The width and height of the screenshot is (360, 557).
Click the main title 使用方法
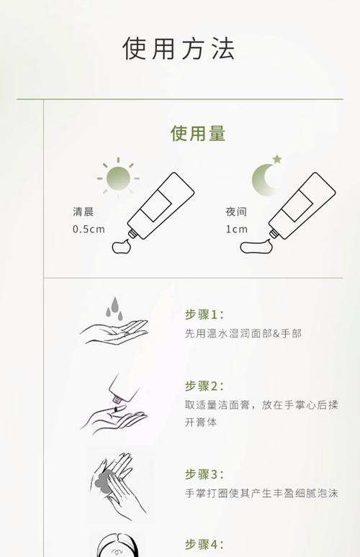tap(179, 49)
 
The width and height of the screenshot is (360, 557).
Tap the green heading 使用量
tap(198, 133)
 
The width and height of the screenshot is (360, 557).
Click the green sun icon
tap(117, 177)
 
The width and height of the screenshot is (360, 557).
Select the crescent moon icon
tap(264, 178)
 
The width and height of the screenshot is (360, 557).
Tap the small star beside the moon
tap(277, 159)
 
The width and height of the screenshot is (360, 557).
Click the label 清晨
tap(83, 212)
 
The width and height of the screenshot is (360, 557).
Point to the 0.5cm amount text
tap(89, 230)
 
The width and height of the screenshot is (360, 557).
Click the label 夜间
tap(236, 212)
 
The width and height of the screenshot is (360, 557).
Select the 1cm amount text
tap(236, 230)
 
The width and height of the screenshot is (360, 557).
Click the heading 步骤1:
tap(204, 314)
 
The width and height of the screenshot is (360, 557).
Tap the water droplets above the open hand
tap(113, 309)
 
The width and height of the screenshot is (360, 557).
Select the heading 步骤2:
tap(204, 386)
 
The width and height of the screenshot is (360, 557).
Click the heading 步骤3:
tap(204, 474)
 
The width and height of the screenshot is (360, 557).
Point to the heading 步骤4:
tap(204, 544)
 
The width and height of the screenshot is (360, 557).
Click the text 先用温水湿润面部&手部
tap(243, 333)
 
